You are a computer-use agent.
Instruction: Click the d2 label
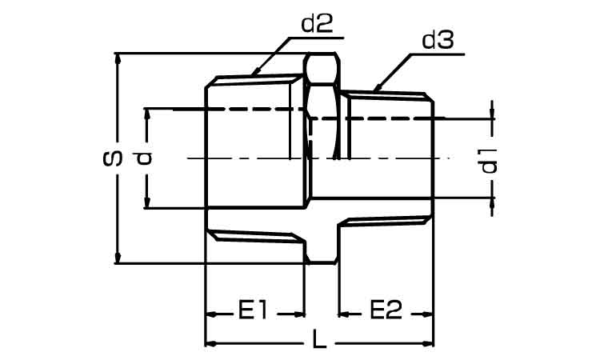(x=318, y=24)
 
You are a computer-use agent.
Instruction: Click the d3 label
(x=438, y=40)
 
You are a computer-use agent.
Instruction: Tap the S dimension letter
(x=113, y=158)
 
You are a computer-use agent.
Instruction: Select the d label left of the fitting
(x=144, y=158)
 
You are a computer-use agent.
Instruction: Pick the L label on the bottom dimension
(x=320, y=339)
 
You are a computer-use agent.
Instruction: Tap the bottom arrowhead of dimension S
(x=118, y=257)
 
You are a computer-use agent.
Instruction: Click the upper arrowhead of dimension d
(x=146, y=115)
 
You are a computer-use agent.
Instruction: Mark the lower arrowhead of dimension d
(x=146, y=202)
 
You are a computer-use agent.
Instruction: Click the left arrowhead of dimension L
(x=212, y=343)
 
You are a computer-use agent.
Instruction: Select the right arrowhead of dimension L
(x=427, y=343)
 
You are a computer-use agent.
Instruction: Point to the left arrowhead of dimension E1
(x=212, y=314)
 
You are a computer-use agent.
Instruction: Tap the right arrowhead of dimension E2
(x=427, y=314)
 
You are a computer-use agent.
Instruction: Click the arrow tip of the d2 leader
(x=253, y=74)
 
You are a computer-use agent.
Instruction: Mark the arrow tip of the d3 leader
(x=375, y=90)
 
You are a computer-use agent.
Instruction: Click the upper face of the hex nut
(x=322, y=68)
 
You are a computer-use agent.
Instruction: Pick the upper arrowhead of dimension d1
(x=492, y=113)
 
